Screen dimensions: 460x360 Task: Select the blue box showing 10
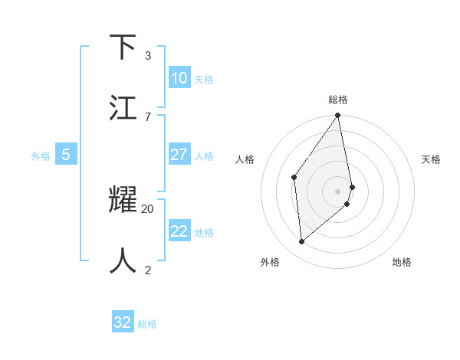179,78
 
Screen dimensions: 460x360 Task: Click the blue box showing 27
179,155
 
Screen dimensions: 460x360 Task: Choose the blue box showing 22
179,231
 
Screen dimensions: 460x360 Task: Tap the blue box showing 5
66,155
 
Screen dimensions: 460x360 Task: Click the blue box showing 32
123,322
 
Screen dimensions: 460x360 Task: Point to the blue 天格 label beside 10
204,80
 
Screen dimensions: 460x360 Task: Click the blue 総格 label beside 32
147,324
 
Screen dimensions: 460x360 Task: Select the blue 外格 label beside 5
41,156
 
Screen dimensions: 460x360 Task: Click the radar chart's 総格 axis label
338,100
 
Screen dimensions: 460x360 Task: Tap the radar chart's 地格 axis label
402,262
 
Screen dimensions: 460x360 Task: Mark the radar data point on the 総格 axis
338,116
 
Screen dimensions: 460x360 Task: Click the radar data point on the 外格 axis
301,241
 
